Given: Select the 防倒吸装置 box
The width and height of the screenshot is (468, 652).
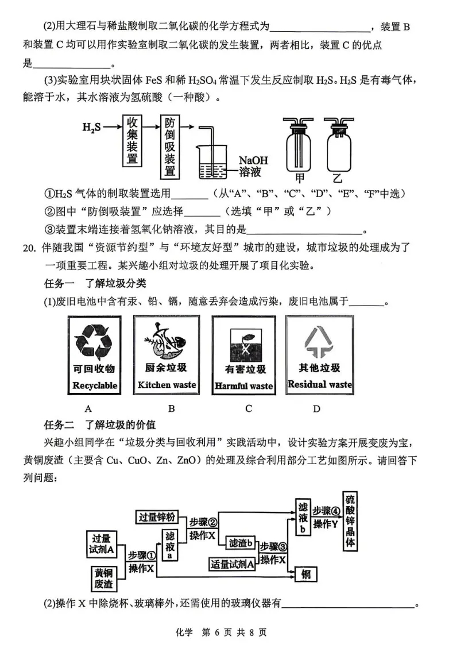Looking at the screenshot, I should pos(170,146).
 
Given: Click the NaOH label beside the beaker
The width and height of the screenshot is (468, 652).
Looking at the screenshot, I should pos(253,160).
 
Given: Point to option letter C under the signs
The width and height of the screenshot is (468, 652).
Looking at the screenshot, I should pos(249,408).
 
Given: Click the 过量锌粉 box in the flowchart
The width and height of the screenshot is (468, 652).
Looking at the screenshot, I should pos(160,516).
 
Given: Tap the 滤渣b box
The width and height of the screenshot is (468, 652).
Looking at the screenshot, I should pos(241,543).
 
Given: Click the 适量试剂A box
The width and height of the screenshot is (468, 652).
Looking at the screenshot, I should pos(232,564).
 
